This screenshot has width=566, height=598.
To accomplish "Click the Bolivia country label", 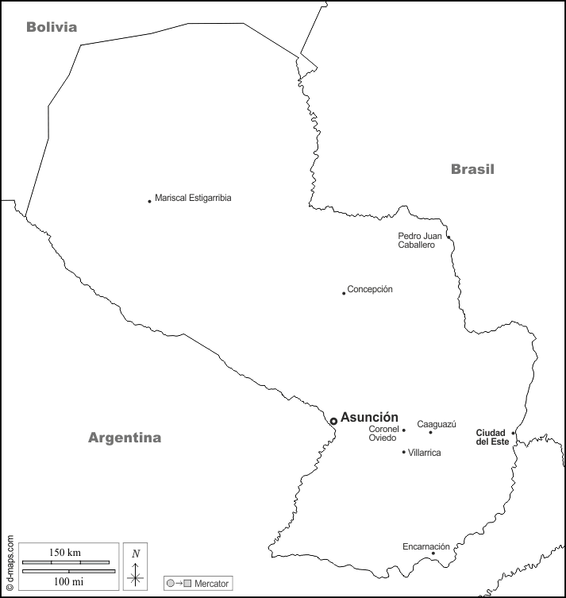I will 52,27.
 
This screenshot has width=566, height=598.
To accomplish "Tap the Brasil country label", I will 472,168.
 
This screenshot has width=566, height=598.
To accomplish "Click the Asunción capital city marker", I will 333,421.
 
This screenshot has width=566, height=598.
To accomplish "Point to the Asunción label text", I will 369,418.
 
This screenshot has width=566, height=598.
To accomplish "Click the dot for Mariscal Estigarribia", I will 149,201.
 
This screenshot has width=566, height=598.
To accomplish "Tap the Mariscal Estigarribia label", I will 193,198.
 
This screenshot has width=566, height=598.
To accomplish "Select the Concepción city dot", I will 344,293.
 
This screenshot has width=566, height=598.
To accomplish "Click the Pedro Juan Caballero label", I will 421,240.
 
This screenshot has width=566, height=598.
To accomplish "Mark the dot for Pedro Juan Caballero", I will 449,237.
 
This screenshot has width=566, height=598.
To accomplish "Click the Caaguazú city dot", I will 430,432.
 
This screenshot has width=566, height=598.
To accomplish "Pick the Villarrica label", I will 425,453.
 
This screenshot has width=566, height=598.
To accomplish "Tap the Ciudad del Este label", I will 491,437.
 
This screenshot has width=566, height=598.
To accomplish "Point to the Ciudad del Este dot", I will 514,433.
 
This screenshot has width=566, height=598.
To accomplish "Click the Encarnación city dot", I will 433,554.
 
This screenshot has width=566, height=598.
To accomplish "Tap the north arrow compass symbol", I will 136,570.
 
